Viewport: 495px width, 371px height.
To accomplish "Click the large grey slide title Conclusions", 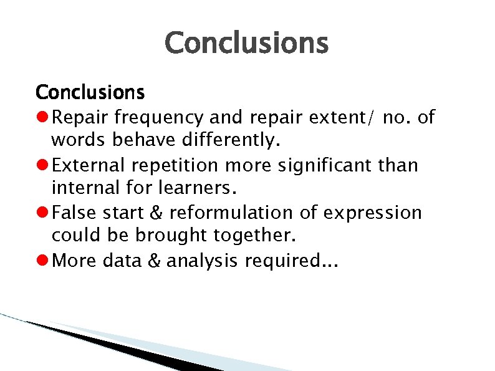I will [246, 44].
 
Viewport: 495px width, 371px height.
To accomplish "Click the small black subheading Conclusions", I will [90, 93].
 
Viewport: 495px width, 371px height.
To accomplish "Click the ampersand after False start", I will [155, 213].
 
